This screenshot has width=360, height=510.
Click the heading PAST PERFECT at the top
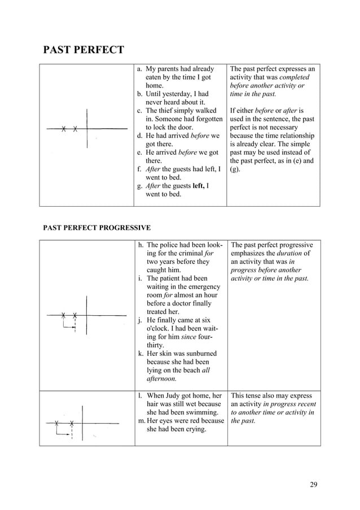click(x=84, y=50)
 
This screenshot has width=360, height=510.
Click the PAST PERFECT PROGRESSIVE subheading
click(x=97, y=228)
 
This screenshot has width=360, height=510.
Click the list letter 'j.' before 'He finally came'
click(x=140, y=320)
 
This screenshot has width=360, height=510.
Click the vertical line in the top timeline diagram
click(x=87, y=127)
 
